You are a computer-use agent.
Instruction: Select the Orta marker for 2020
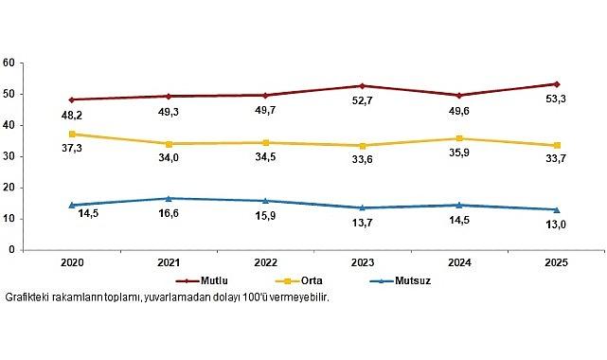point(72,134)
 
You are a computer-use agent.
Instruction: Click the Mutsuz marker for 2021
point(169,198)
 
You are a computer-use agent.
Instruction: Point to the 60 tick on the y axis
point(9,63)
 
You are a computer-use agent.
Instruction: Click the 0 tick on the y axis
point(11,250)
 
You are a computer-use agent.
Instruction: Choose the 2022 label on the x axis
point(265,263)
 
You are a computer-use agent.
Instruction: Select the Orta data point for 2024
point(458,138)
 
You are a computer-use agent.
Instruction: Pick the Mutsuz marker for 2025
point(556,209)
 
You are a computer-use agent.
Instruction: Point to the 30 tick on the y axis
point(9,156)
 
